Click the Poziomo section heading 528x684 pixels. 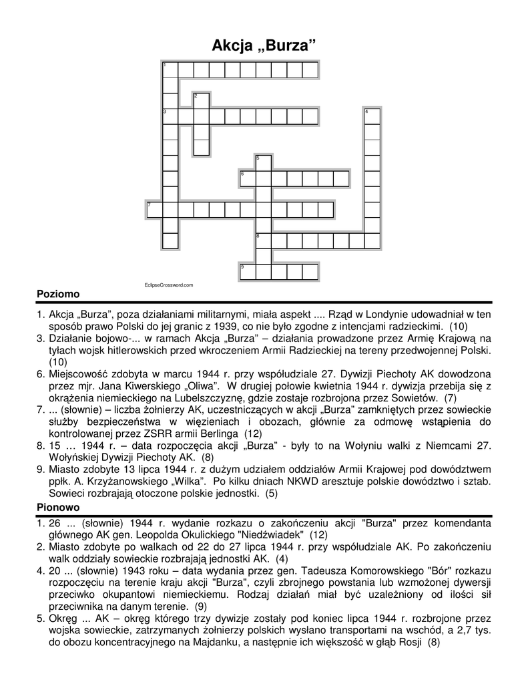(58, 294)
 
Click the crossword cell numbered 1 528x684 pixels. (170, 69)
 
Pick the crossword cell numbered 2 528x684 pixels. (201, 100)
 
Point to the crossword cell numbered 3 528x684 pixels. (170, 116)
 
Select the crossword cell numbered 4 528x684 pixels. (372, 116)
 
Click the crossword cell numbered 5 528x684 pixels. (263, 162)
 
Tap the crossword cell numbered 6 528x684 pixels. (248, 178)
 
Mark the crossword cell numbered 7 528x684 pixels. (154, 209)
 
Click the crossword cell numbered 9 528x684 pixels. (248, 271)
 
